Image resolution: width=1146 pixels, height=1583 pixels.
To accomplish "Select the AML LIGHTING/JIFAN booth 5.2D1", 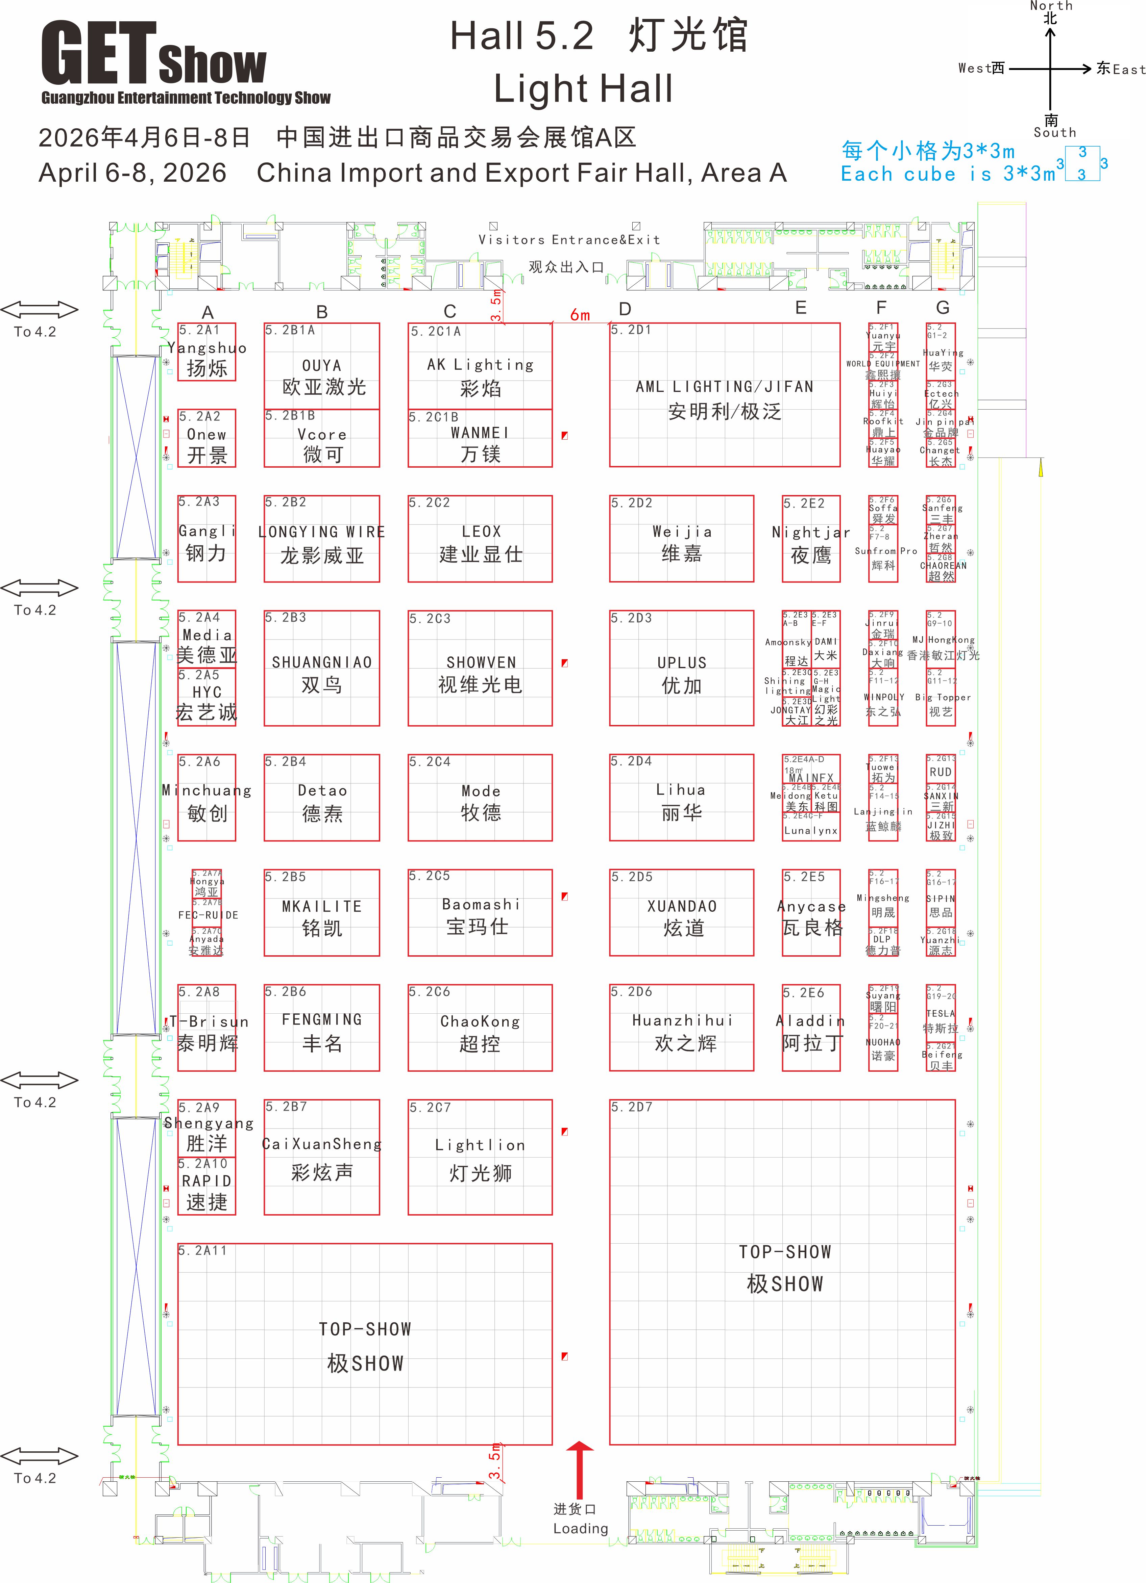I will coord(724,395).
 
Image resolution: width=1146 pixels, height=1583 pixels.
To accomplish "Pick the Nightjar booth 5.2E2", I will coord(811,539).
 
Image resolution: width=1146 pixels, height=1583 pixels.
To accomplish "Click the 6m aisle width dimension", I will coord(580,315).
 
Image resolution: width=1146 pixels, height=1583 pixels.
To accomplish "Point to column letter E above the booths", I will coord(800,308).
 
